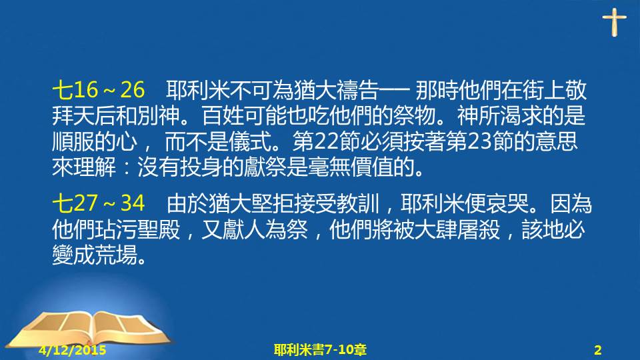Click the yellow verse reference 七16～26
point(99,90)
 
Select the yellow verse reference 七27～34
point(99,203)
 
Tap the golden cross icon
point(614,23)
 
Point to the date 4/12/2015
point(73,350)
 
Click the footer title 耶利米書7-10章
point(320,350)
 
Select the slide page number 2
point(598,350)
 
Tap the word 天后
point(94,116)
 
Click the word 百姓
point(223,116)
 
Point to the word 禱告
point(357,90)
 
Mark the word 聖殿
point(159,229)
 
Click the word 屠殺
point(479,229)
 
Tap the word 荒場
point(115,255)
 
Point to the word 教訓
point(359,203)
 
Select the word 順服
point(73,141)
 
